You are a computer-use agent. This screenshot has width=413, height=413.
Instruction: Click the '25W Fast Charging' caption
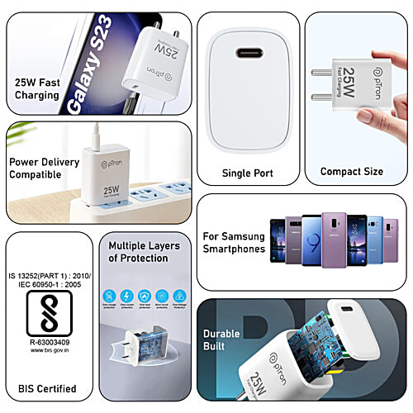click(37, 88)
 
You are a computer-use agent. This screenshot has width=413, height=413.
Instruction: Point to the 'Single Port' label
click(247, 173)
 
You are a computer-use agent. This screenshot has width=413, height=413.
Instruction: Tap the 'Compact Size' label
click(351, 171)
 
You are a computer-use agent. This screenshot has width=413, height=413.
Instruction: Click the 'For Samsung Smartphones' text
click(234, 242)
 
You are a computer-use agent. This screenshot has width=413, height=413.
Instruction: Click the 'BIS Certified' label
click(47, 388)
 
